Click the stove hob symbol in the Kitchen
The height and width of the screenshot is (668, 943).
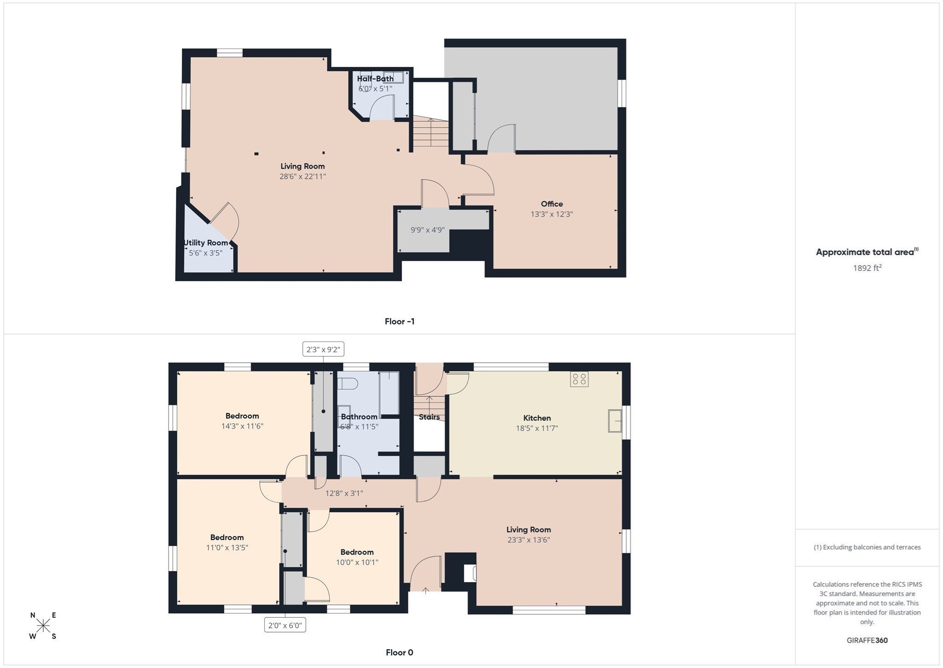(x=579, y=379)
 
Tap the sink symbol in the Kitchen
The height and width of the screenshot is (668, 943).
(x=615, y=420)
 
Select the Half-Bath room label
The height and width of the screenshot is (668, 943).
(x=375, y=78)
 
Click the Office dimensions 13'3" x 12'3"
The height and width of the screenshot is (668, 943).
(x=552, y=214)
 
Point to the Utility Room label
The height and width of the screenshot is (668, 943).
(x=206, y=243)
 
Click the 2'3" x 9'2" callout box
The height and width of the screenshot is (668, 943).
(x=323, y=349)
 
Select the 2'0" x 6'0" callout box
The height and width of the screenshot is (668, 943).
(x=285, y=625)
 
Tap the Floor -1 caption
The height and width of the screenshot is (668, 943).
(x=400, y=321)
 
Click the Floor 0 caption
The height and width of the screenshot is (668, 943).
(x=399, y=652)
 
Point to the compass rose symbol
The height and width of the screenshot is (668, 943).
(x=43, y=626)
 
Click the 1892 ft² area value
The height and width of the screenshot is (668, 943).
(x=867, y=268)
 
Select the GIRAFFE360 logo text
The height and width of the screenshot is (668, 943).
(x=867, y=640)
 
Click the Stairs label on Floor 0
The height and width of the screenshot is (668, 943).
(x=429, y=417)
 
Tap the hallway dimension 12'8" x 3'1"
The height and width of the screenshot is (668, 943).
(x=344, y=493)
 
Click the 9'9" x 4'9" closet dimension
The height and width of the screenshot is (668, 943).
(x=427, y=230)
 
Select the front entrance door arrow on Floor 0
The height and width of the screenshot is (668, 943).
(x=425, y=591)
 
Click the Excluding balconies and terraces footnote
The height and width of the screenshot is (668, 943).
(x=867, y=547)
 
